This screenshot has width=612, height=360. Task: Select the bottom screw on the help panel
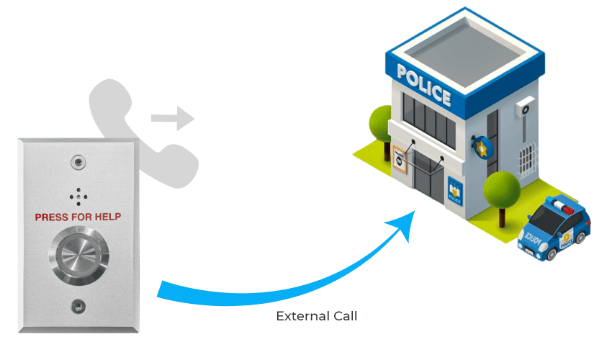[76, 306]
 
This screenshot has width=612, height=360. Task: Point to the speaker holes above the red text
[77, 196]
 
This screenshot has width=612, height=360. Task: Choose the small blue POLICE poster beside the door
[455, 191]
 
